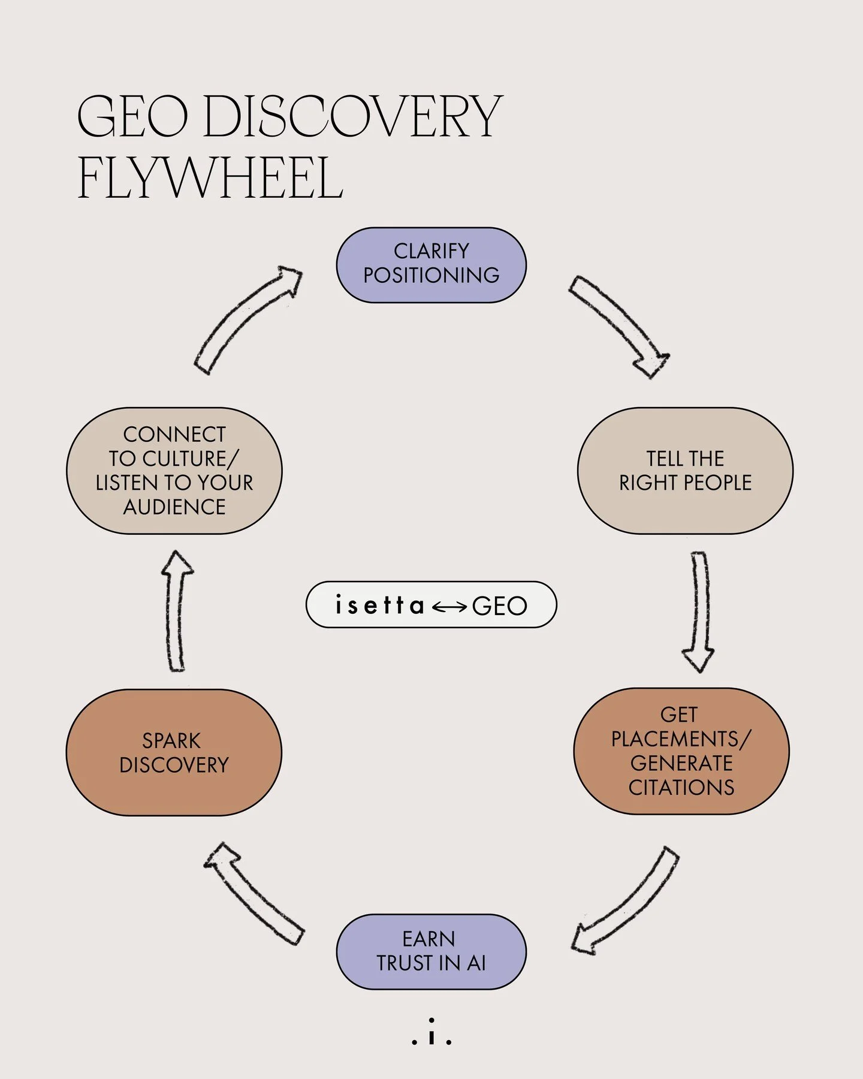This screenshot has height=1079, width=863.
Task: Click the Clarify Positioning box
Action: click(x=431, y=265)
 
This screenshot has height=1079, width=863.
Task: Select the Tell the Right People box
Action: click(x=685, y=471)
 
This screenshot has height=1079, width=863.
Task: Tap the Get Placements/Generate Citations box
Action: click(x=681, y=751)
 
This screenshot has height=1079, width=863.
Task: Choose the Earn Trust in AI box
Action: click(x=431, y=951)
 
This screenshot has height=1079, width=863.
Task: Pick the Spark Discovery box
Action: click(x=174, y=752)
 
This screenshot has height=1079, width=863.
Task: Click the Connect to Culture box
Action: click(x=174, y=471)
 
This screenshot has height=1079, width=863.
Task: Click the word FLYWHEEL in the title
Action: click(x=210, y=179)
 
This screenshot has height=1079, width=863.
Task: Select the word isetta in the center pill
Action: click(x=380, y=605)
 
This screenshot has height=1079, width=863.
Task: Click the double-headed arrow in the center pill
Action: click(x=449, y=607)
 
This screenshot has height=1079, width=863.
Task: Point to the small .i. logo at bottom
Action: click(x=431, y=1032)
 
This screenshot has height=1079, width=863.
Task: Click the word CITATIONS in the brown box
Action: click(x=681, y=787)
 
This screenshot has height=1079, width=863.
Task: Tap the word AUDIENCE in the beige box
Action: click(x=174, y=507)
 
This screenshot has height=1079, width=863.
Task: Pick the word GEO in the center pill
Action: click(x=499, y=606)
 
